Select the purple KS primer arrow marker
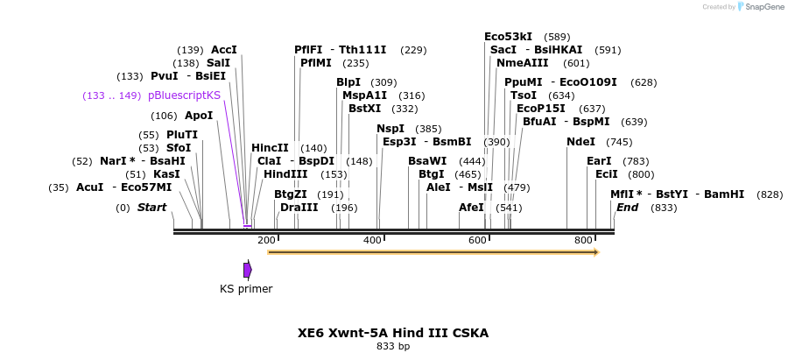tap(248, 270)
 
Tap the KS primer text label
tap(246, 289)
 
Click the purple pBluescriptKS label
tap(184, 95)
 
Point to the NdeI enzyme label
tap(580, 142)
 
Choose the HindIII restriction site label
tap(285, 174)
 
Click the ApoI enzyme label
tap(199, 116)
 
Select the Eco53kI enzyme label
tap(508, 37)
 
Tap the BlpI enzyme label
tap(348, 82)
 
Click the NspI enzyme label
tap(390, 129)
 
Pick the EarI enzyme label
tap(599, 161)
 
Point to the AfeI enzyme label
tap(471, 208)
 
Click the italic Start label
tap(151, 208)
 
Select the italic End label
tap(627, 208)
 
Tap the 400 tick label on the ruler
tap(372, 239)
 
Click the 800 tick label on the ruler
tap(583, 239)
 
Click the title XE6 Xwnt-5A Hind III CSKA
tap(393, 333)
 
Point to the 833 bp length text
tap(393, 347)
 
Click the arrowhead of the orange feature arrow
tap(596, 252)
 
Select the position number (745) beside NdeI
tap(619, 142)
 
